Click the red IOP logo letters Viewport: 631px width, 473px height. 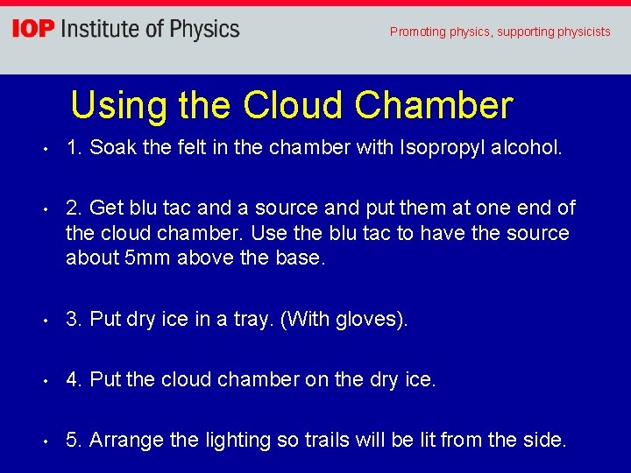point(32,30)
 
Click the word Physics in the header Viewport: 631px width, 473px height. point(204,30)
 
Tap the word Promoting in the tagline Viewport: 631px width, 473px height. point(417,32)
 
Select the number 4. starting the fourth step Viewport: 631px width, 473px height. point(74,379)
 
